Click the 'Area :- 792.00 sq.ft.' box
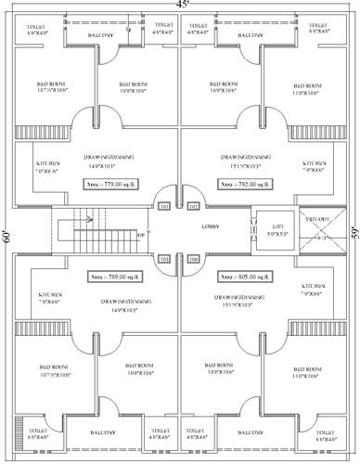click(x=244, y=185)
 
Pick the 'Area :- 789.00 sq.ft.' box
click(x=113, y=277)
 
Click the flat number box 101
click(x=164, y=205)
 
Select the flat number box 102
click(x=194, y=205)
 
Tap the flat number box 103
click(x=164, y=259)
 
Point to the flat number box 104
click(x=194, y=259)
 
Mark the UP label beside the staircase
click(x=140, y=236)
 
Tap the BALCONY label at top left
click(x=101, y=36)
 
